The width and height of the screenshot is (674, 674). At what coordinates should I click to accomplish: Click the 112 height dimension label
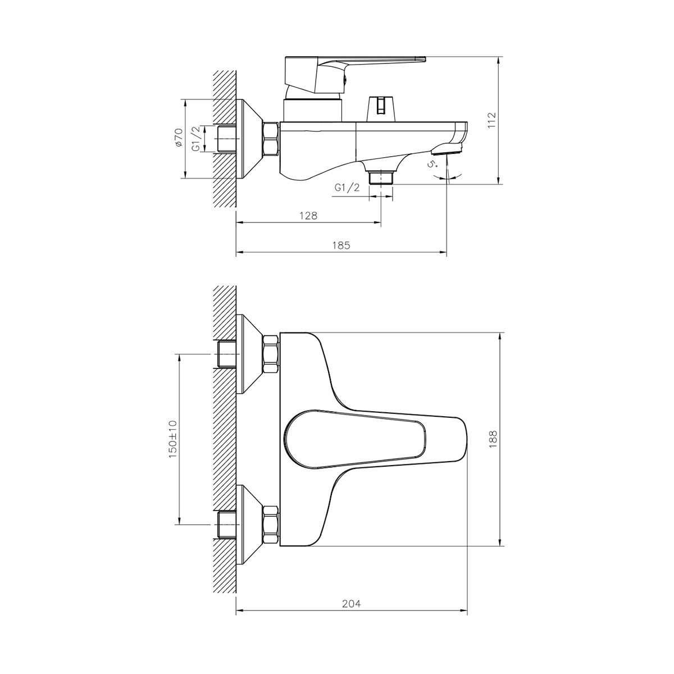(492, 121)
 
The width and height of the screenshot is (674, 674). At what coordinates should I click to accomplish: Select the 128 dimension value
(308, 216)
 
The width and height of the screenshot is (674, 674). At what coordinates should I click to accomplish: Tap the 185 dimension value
(341, 245)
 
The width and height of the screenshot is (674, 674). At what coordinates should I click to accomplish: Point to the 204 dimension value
(351, 604)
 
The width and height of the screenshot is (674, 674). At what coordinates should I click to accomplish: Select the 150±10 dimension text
(172, 438)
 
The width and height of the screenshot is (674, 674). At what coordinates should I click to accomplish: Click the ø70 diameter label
(179, 138)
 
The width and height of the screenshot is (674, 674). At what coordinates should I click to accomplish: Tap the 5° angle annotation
(432, 164)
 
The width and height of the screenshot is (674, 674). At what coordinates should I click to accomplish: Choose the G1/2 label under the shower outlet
(347, 188)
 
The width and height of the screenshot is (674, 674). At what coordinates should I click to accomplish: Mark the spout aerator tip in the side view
(447, 149)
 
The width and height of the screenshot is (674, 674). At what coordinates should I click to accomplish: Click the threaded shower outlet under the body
(381, 177)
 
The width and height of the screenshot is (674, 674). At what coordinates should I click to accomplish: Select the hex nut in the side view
(271, 139)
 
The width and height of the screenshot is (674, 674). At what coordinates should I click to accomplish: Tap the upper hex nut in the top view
(271, 355)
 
